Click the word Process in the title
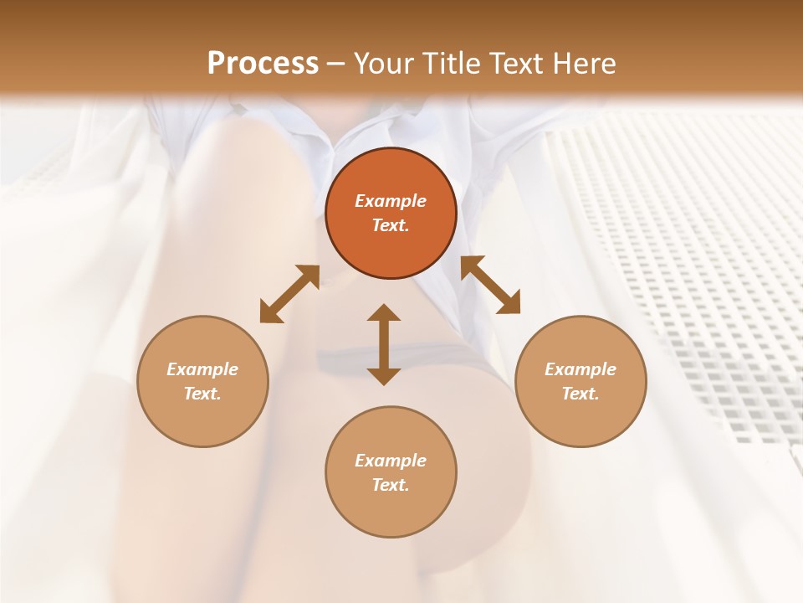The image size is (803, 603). click(x=263, y=63)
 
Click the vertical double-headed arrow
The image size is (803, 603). click(x=384, y=344)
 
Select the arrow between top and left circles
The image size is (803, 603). click(x=289, y=294)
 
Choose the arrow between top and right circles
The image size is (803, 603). click(x=491, y=285)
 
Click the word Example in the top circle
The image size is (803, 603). click(x=391, y=201)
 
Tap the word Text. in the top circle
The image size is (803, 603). click(x=391, y=225)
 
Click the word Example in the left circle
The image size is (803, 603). click(x=202, y=369)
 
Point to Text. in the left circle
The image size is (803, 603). click(x=202, y=394)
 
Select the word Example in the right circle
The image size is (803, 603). click(x=581, y=369)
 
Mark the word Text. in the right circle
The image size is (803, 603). click(x=581, y=394)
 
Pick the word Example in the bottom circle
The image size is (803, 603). click(x=391, y=461)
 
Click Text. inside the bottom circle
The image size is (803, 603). click(x=391, y=485)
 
